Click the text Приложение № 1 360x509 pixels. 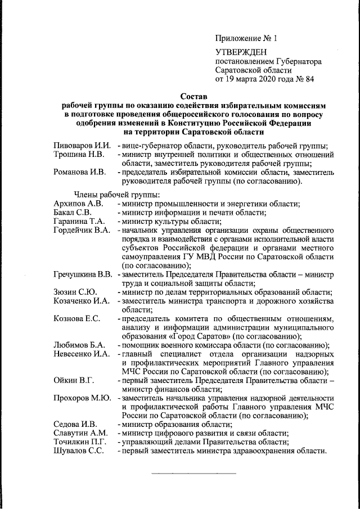pos(246,38)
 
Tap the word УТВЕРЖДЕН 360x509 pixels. pos(237,52)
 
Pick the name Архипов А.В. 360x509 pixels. pos(79,203)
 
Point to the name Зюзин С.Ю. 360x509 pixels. pos(75,292)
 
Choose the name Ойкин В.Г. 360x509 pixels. pos(73,381)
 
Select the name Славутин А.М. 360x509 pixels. pos(80,434)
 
